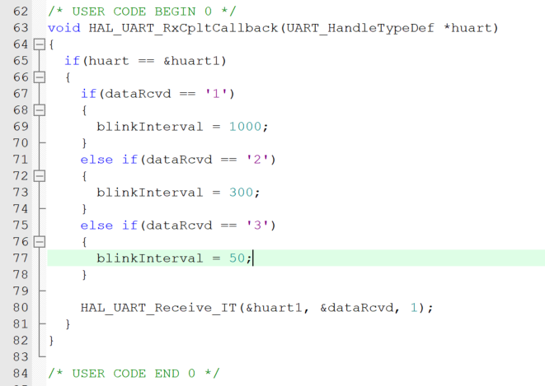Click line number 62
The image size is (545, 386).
point(21,12)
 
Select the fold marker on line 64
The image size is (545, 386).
point(39,44)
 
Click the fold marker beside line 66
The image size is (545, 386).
point(39,77)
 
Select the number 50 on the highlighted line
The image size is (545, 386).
point(237,258)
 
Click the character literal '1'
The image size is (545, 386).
point(223,94)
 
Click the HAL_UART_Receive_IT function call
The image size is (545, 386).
point(157,308)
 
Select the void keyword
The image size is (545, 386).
point(63,28)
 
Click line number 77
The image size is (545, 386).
point(21,258)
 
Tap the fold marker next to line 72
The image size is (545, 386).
point(39,176)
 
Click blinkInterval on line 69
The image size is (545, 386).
point(149,127)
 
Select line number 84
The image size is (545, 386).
point(21,374)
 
